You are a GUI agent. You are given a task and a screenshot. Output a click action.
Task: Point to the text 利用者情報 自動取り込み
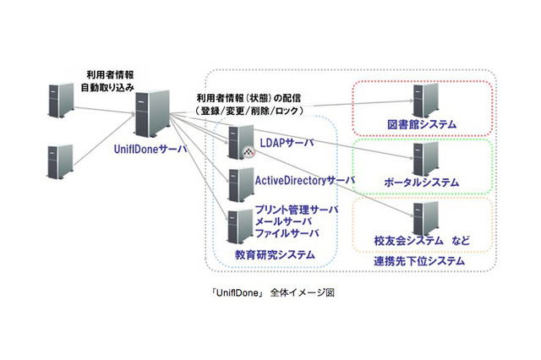[108, 80]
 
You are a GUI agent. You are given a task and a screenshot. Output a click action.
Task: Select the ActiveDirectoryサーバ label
[305, 180]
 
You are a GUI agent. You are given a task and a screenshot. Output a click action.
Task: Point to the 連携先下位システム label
[419, 261]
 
